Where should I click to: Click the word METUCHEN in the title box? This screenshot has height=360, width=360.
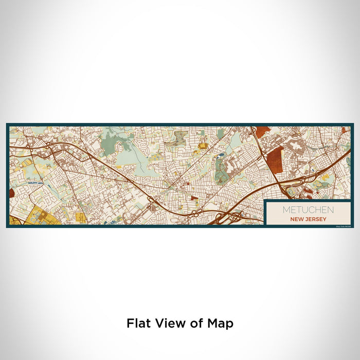click(308, 210)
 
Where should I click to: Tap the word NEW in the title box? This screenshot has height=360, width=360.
click(298, 219)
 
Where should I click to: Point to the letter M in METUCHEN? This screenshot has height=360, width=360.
click(285, 210)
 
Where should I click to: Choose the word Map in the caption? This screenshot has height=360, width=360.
click(218, 323)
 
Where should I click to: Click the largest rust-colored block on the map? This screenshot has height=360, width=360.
click(275, 161)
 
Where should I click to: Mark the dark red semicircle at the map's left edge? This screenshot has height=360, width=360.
click(11, 193)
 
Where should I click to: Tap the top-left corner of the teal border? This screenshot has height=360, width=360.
click(7, 124)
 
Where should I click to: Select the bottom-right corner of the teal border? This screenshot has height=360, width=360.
click(352, 227)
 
